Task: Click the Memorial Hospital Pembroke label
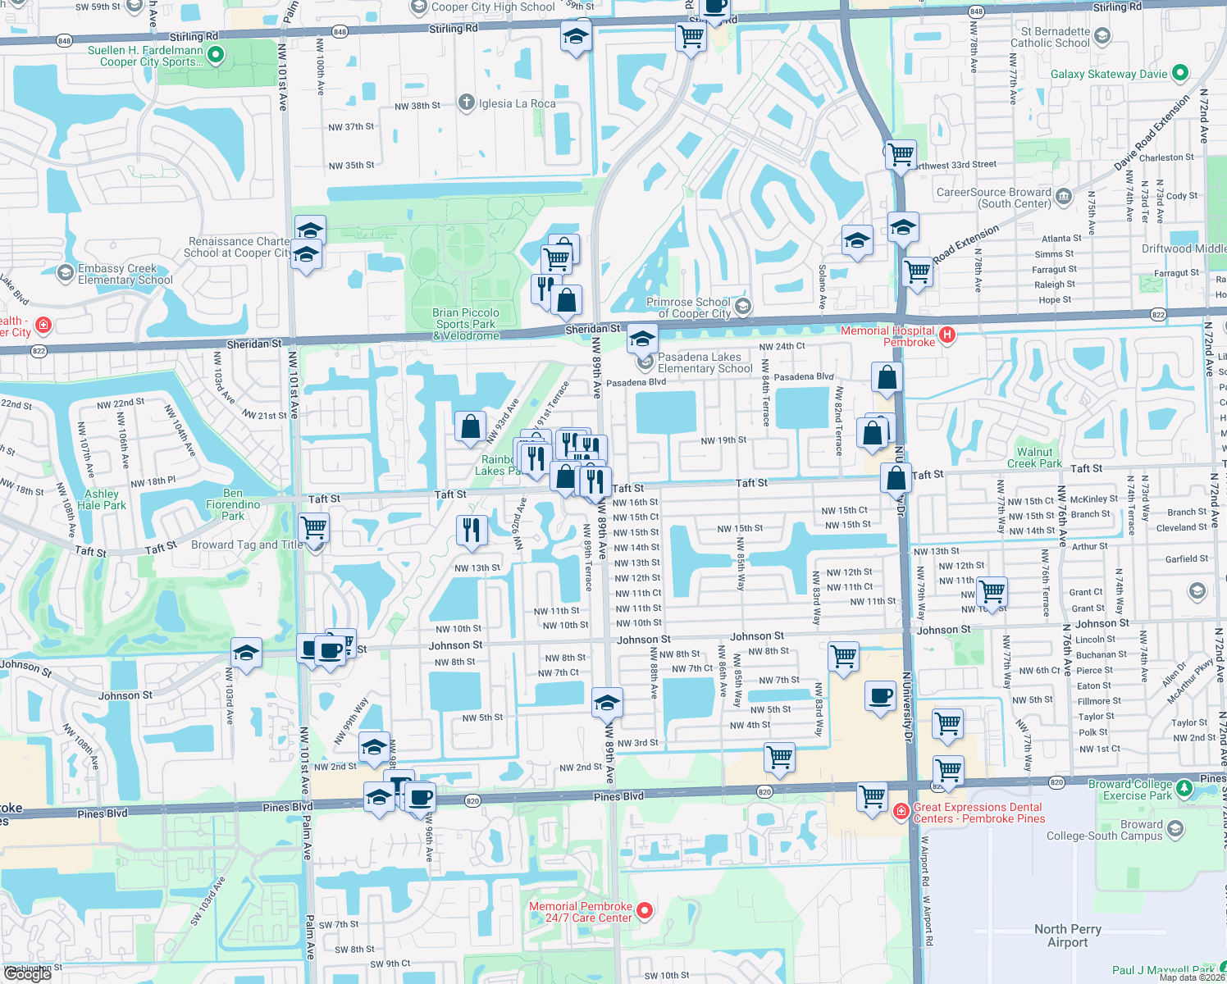click(x=887, y=336)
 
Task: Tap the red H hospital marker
click(x=947, y=334)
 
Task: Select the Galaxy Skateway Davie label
click(x=1109, y=74)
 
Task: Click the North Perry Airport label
click(x=1067, y=936)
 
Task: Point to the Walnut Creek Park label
click(x=1034, y=458)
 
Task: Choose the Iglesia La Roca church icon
click(x=467, y=102)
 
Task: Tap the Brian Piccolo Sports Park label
click(x=466, y=324)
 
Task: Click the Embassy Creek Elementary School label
click(x=125, y=274)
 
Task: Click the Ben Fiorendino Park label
click(x=233, y=504)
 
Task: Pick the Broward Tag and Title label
click(x=247, y=544)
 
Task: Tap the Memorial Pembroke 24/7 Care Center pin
click(x=645, y=910)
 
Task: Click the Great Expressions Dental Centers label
click(x=979, y=813)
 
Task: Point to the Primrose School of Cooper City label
click(x=688, y=307)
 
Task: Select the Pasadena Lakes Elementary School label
click(x=705, y=362)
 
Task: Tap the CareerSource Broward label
click(x=993, y=198)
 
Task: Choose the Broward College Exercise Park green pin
click(x=1184, y=788)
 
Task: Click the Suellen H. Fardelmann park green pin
click(x=216, y=55)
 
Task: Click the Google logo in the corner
click(x=27, y=973)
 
